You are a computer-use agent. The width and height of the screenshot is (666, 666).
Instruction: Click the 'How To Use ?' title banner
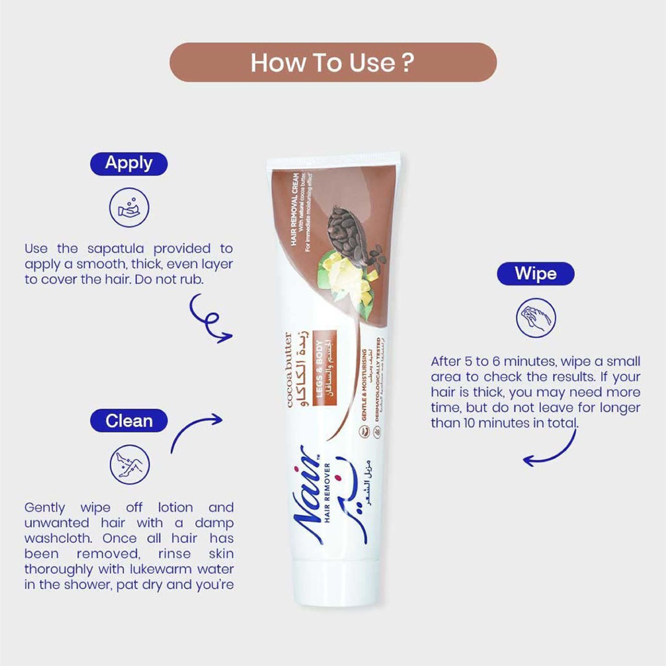point(333,62)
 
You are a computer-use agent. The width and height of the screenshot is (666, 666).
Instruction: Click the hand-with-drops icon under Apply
point(129,208)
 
